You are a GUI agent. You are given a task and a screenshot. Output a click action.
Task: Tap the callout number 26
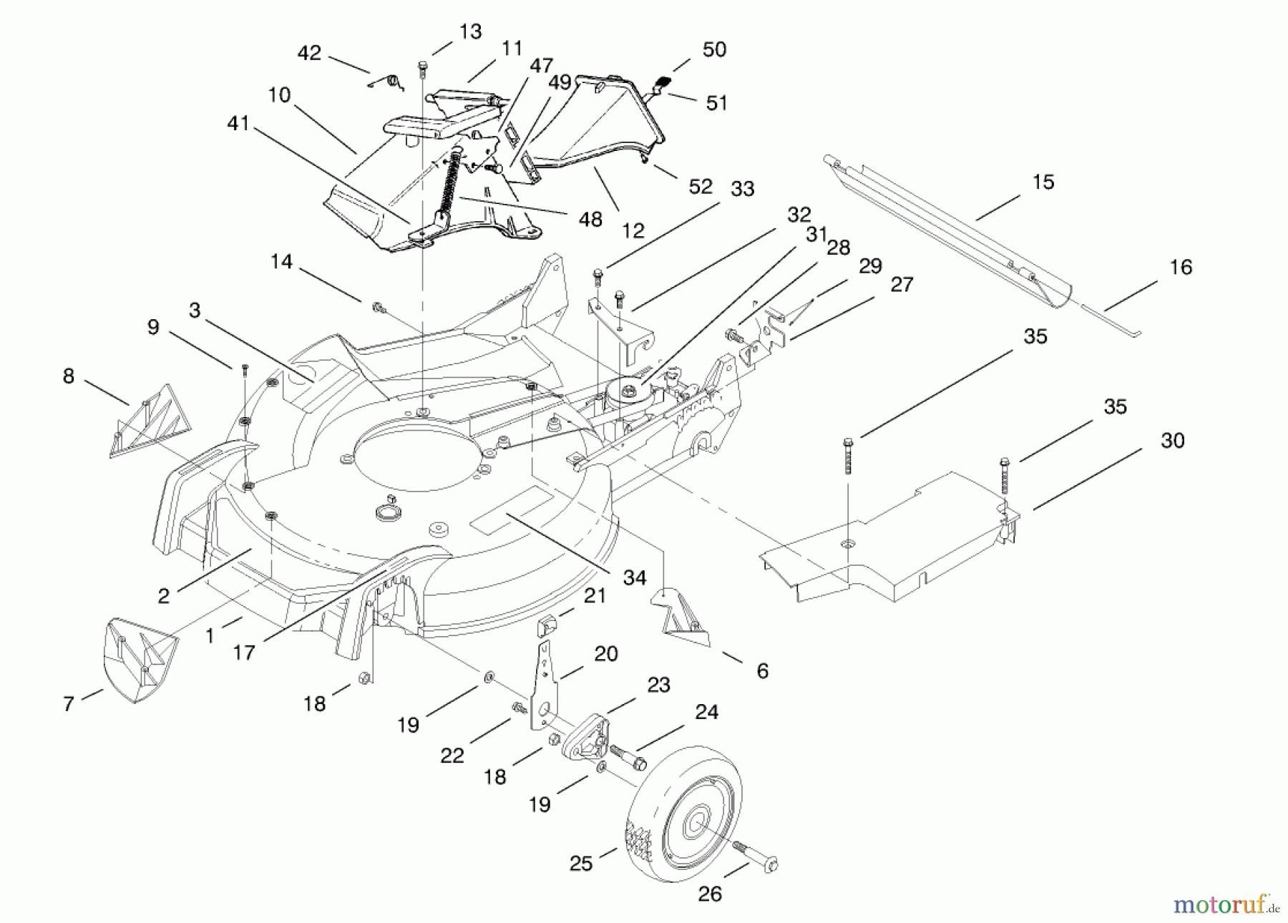(x=710, y=894)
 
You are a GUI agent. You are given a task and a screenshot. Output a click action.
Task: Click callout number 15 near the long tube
(x=1043, y=182)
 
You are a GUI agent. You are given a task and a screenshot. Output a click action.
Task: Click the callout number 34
(x=634, y=578)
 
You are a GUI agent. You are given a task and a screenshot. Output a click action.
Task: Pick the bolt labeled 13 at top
(x=421, y=67)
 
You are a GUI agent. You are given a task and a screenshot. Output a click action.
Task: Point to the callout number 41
(x=238, y=124)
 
